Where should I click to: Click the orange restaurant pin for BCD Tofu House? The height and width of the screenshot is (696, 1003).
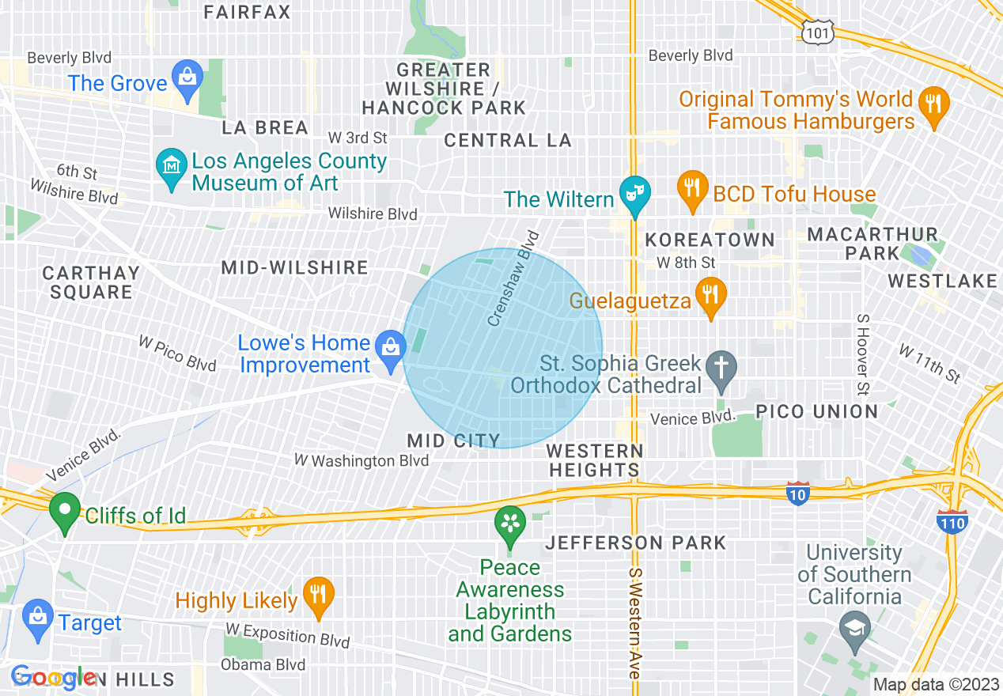pos(692,190)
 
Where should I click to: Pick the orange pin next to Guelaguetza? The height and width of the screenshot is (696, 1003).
pos(710,296)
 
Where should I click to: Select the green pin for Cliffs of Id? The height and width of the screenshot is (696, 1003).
pos(64,511)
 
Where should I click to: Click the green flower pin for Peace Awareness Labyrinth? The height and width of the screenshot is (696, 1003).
pos(510,525)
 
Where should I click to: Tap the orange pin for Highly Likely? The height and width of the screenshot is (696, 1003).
pos(318,596)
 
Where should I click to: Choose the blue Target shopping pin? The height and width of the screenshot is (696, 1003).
pos(37,618)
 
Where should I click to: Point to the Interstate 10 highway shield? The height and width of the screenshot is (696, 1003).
pos(798,492)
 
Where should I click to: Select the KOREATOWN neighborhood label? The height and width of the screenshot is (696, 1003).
pos(710,240)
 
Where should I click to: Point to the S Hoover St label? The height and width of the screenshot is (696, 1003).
pos(862,354)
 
